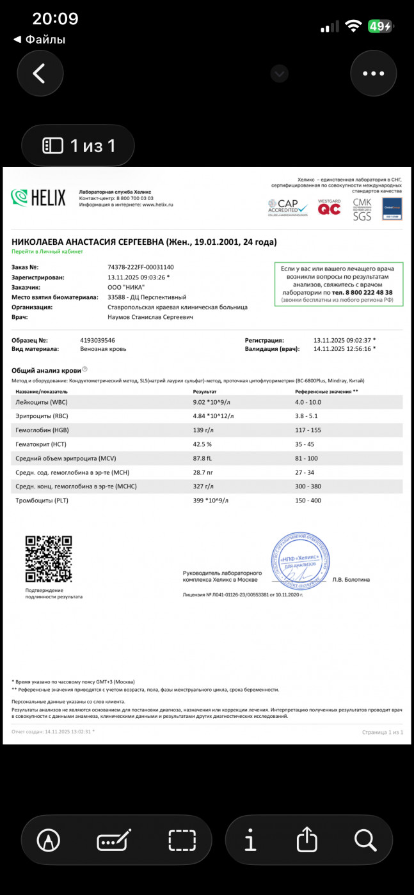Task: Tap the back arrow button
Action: [40, 74]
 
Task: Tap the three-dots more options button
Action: [373, 74]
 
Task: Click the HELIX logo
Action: [38, 198]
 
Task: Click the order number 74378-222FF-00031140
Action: [141, 267]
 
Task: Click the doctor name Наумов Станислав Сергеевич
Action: [150, 316]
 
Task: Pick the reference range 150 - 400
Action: [308, 501]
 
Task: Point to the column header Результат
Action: [205, 391]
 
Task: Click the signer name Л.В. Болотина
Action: [351, 580]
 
